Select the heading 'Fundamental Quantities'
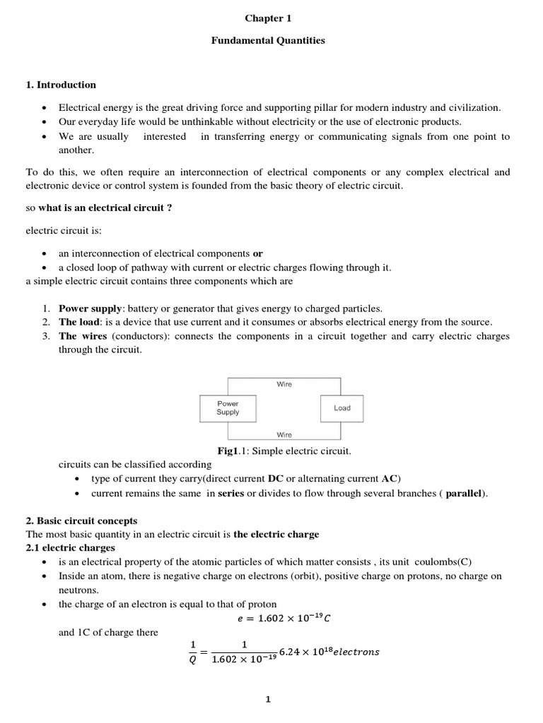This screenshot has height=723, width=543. (x=268, y=40)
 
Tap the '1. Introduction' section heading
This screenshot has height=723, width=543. (x=61, y=85)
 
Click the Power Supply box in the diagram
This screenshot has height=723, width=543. (x=228, y=408)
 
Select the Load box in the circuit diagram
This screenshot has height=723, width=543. (x=341, y=408)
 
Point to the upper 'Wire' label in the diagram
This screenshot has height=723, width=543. (x=284, y=384)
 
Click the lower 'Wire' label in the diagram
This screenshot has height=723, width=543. (x=284, y=435)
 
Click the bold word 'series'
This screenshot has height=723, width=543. (x=230, y=493)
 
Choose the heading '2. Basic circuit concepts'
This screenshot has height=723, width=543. (x=81, y=521)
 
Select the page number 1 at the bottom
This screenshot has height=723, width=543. (x=268, y=700)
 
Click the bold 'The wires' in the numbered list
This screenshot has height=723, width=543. (x=78, y=336)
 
